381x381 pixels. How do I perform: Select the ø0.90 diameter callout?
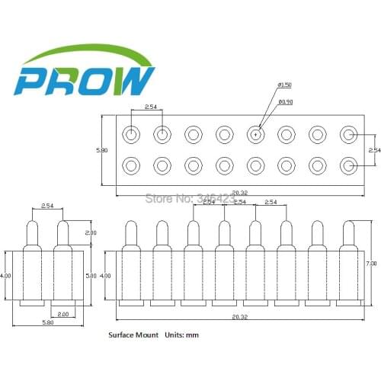286,101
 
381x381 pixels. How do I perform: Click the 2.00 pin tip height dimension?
91,232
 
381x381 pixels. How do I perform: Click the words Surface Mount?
133,335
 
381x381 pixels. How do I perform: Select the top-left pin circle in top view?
132,135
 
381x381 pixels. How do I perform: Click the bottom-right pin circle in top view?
348,165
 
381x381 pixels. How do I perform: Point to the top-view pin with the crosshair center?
255,135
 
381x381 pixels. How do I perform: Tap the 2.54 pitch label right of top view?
374,150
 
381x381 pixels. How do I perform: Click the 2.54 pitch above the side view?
47,207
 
